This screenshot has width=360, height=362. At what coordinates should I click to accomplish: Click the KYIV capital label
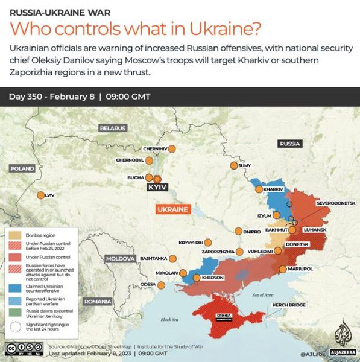tap(156, 188)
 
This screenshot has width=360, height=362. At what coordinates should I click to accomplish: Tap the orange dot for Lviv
tap(40, 195)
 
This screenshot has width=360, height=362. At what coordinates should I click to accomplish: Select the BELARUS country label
tap(113, 128)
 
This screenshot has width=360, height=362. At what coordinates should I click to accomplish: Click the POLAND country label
tap(22, 168)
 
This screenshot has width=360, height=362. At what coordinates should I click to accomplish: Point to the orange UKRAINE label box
tap(172, 209)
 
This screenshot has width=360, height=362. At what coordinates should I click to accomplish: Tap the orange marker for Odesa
tap(160, 284)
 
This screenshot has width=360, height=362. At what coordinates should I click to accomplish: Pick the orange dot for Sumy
tap(233, 166)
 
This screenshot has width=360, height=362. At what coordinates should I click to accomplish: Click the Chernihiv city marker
tap(172, 148)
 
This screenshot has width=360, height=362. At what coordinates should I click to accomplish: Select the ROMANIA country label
tap(98, 300)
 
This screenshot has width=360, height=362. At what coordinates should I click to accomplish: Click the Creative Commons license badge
tap(24, 349)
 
